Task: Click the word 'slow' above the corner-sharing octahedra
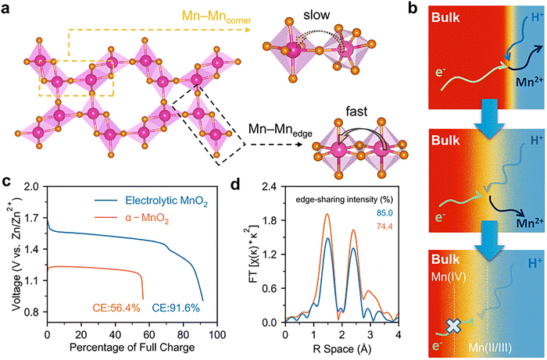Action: tap(316, 15)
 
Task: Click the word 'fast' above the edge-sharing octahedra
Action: tap(356, 112)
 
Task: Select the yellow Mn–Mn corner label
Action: tap(216, 16)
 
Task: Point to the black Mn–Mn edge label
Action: tap(280, 130)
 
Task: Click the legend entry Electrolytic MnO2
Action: tap(166, 201)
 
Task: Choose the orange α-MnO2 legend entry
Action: tap(147, 219)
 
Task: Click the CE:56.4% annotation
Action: tap(116, 308)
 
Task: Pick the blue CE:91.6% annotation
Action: tap(176, 308)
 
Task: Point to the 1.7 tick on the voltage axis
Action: tap(32, 218)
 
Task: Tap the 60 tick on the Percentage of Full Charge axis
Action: tap(149, 334)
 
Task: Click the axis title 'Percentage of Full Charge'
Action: tap(132, 348)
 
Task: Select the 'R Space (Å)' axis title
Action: tap(341, 348)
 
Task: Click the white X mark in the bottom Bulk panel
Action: tap(453, 326)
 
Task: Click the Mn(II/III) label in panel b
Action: tap(490, 348)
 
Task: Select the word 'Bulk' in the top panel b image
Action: tap(446, 17)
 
